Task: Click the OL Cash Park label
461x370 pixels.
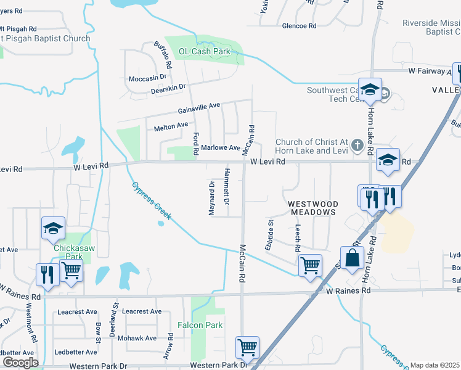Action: point(204,51)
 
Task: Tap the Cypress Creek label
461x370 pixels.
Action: point(151,201)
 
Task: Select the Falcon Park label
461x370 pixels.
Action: point(200,324)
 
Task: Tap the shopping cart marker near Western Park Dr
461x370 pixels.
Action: point(247,347)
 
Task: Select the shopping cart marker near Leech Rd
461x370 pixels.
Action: point(310,265)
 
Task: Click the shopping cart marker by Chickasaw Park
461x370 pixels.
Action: point(71,270)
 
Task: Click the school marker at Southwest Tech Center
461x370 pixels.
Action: point(370,90)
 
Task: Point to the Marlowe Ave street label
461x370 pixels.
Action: point(221,148)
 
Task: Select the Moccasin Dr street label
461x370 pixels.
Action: point(148,78)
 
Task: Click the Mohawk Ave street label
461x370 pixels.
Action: point(137,338)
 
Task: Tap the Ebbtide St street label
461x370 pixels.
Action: point(269,235)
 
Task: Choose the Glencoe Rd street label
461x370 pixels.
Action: point(299,26)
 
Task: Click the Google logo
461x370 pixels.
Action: point(20,363)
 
